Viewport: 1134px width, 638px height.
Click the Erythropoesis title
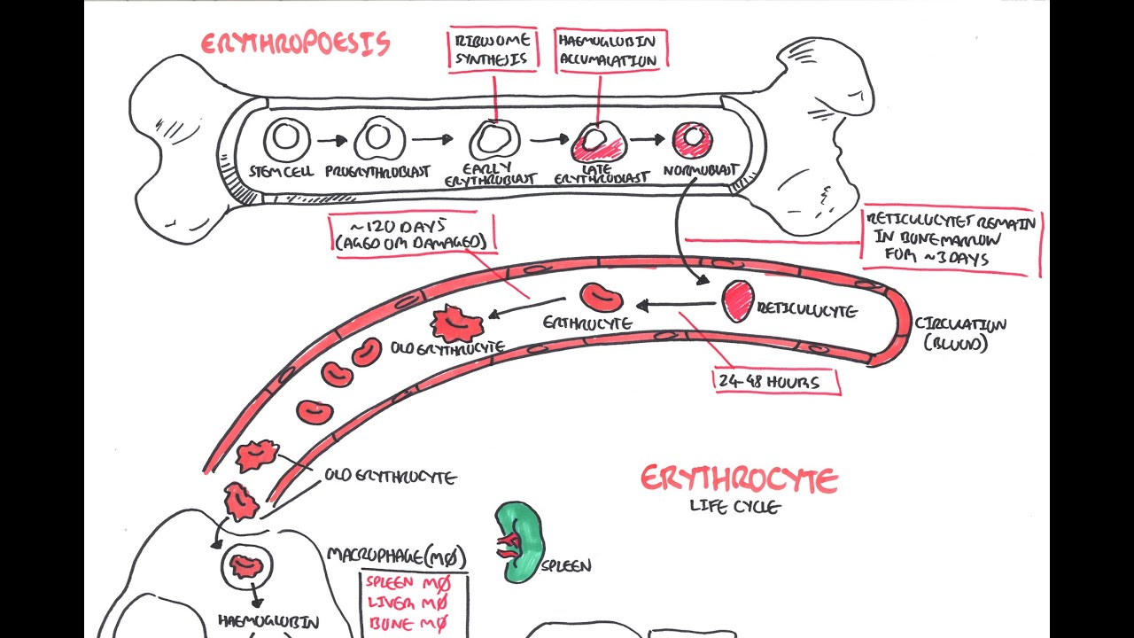[x=295, y=44]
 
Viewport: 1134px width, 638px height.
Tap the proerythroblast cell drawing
[x=379, y=139]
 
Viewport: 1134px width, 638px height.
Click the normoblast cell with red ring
[x=693, y=138]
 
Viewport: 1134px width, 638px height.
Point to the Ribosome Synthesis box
[x=493, y=50]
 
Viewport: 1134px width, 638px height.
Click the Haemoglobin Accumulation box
[x=610, y=50]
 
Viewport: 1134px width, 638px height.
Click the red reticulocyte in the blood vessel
[x=737, y=302]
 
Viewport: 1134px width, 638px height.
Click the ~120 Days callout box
[x=411, y=236]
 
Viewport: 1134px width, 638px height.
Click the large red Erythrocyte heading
[x=739, y=480]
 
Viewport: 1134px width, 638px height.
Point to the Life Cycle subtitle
[x=735, y=508]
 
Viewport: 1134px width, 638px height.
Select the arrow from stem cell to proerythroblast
[x=332, y=139]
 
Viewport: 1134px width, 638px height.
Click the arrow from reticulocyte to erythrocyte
[x=675, y=306]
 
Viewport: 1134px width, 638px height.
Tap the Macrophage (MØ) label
[x=396, y=556]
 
